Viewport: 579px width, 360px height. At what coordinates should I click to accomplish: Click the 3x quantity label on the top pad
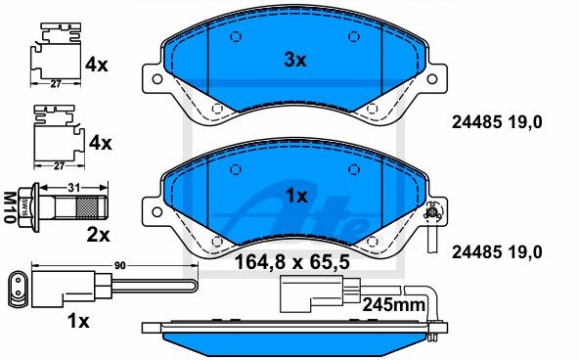click(x=295, y=60)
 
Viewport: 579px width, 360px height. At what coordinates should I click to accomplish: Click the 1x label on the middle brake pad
click(x=296, y=196)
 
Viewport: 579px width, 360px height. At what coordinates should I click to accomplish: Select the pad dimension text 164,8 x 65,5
click(x=292, y=262)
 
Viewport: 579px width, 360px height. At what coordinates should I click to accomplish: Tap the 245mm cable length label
click(x=393, y=305)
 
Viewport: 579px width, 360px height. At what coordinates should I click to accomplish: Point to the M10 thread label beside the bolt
click(x=10, y=207)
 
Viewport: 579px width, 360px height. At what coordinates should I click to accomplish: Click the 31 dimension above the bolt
click(x=74, y=188)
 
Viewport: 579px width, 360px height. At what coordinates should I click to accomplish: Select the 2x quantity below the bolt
click(x=98, y=235)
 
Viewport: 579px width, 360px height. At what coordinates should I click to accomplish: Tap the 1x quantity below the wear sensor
click(x=78, y=321)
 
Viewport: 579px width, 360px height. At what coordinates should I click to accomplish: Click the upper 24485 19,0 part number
click(x=497, y=122)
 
